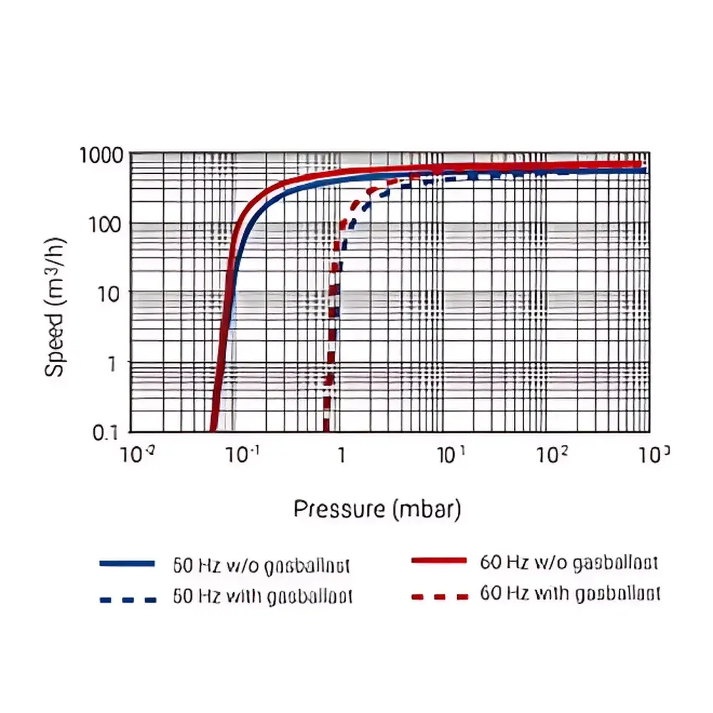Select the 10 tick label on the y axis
click(114, 292)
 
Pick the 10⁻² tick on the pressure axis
click(134, 454)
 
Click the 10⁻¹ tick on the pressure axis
click(238, 454)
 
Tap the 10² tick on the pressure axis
click(550, 454)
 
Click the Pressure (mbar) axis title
click(377, 510)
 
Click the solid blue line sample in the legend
click(127, 563)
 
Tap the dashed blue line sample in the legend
click(127, 599)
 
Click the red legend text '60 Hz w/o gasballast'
click(568, 561)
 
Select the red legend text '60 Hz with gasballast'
click(570, 593)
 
